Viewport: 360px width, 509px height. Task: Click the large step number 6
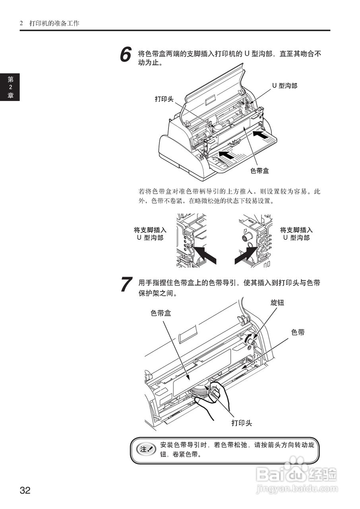pos(126,55)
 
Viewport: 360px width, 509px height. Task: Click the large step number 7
pos(126,285)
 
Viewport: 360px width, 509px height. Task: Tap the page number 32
pos(25,490)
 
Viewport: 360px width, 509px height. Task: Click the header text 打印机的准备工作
pos(54,23)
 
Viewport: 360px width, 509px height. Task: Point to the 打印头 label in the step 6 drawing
pos(164,99)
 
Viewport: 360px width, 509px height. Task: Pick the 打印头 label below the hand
pos(242,423)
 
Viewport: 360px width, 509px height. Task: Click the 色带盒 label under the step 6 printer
pos(259,171)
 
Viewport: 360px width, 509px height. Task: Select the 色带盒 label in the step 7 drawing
pos(161,313)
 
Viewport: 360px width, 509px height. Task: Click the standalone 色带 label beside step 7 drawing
pos(298,332)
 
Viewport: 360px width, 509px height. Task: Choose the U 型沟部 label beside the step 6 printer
pos(285,85)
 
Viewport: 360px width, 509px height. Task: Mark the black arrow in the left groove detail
pos(207,254)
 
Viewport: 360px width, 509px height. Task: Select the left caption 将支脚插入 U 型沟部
pos(150,234)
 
